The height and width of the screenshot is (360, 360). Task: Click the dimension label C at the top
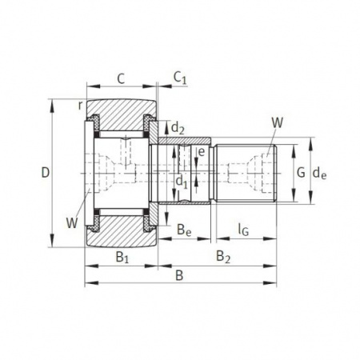pos(121,78)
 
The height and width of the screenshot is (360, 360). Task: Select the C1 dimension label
pos(180,78)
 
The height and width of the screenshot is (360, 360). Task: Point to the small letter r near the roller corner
pos(81,105)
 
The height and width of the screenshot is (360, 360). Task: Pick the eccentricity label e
pos(201,151)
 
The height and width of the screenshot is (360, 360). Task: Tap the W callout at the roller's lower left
pos(73,223)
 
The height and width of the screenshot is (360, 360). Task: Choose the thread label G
pos(300,171)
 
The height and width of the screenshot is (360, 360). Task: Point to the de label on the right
pos(320,171)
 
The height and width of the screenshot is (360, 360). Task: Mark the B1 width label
pos(122,257)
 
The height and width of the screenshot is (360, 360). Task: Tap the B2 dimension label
pos(223,257)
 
